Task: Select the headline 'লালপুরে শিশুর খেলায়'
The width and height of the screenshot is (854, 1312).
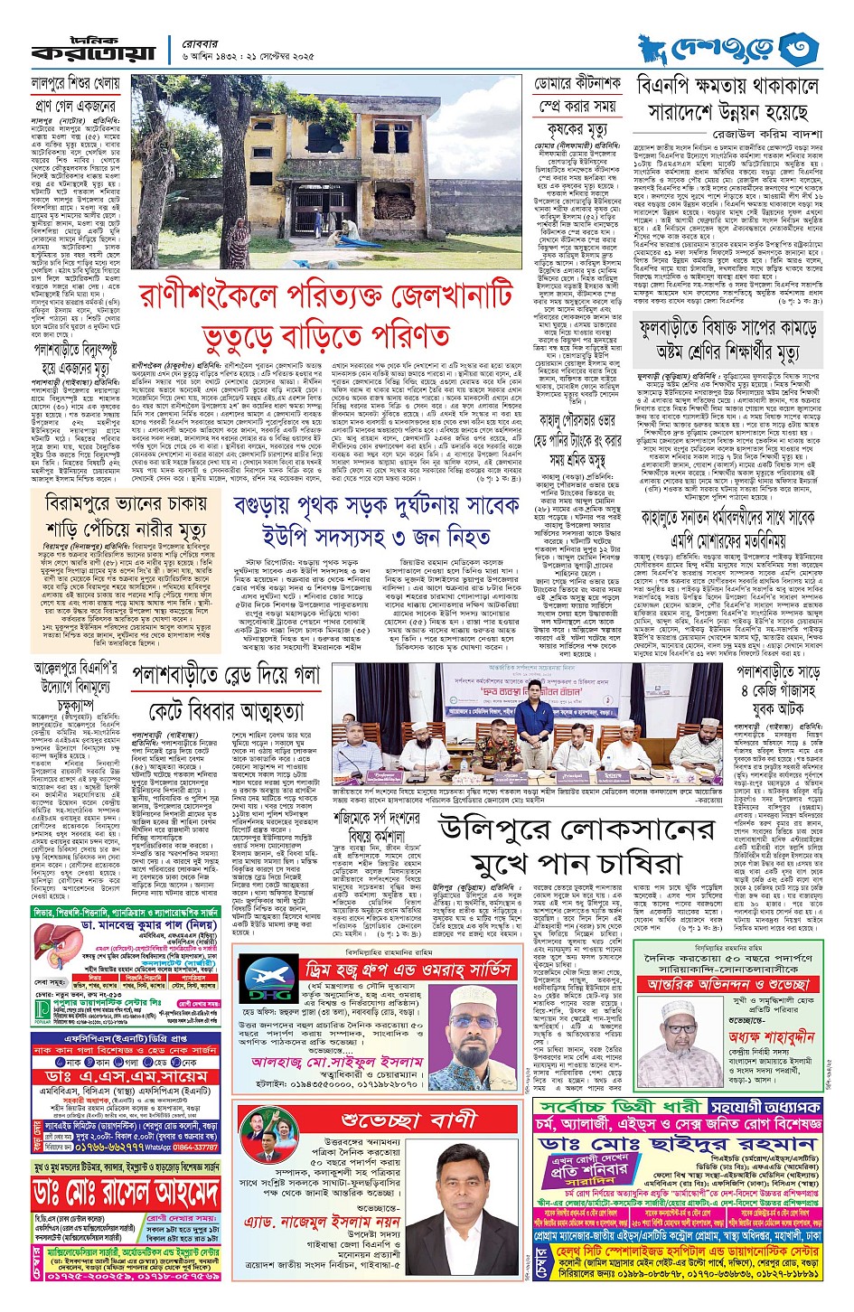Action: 75,83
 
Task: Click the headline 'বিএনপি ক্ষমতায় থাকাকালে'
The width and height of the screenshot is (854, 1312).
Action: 727,86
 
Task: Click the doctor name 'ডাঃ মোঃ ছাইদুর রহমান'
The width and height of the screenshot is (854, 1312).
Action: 677,1144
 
